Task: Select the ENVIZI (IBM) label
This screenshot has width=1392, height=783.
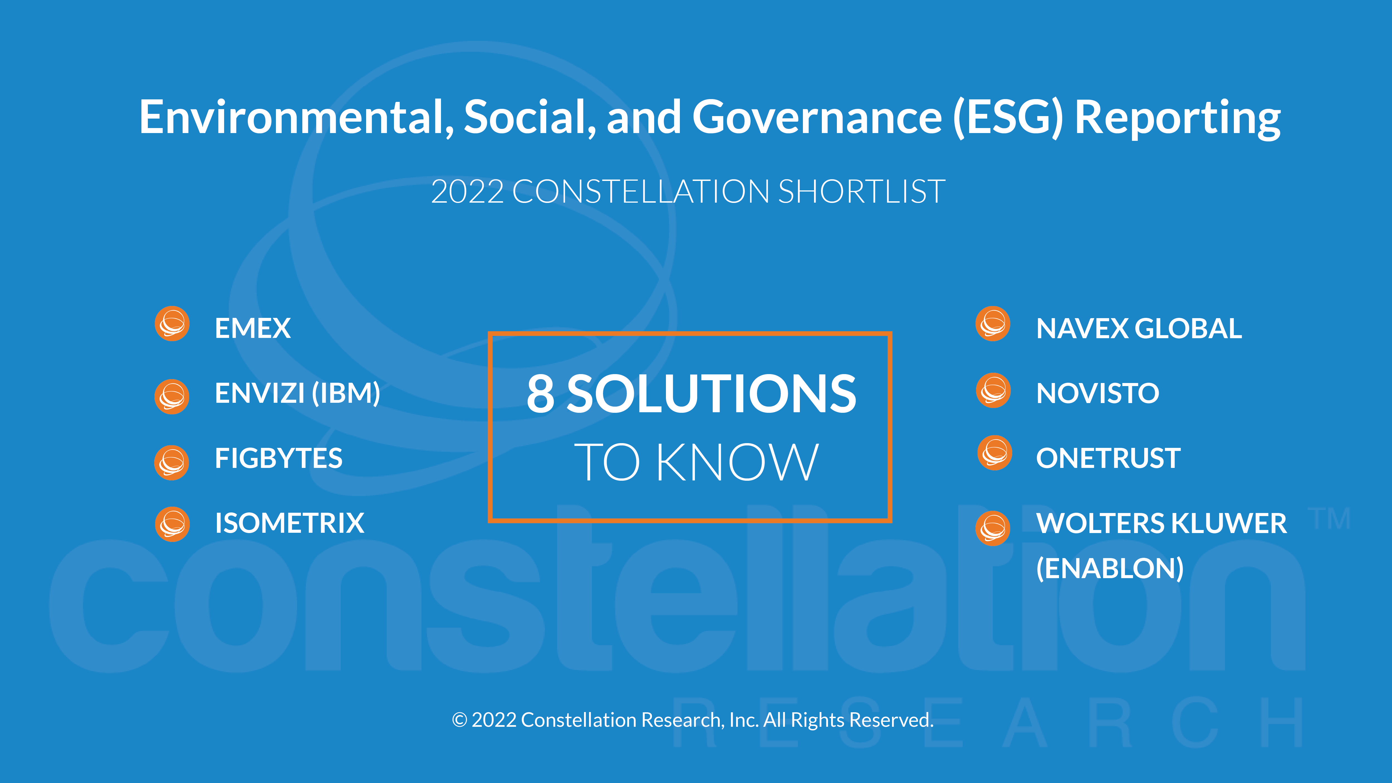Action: pyautogui.click(x=298, y=393)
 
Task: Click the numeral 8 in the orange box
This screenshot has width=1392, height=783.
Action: pyautogui.click(x=541, y=394)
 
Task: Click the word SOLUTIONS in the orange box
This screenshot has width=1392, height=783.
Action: pyautogui.click(x=711, y=394)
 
